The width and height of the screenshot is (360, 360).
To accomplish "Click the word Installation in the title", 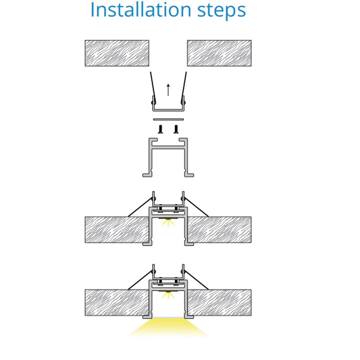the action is point(141,9).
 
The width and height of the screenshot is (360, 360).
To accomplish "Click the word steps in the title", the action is point(221,11).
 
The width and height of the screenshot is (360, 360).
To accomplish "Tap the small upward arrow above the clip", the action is point(168,90).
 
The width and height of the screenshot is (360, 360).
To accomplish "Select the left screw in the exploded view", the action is point(161,129).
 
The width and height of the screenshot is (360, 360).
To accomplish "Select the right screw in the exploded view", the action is point(176,129).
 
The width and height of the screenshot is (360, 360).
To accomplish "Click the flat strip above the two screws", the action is point(168,119).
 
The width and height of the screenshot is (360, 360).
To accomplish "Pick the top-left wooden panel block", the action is point(117,53).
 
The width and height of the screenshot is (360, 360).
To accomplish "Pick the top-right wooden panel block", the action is point(219,53).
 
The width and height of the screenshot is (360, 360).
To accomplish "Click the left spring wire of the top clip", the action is point(153,87).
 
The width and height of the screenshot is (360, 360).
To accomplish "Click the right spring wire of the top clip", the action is point(184,87).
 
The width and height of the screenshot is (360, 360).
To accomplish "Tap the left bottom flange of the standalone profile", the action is point(148,175).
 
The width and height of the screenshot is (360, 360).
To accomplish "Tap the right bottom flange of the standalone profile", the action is point(189,175).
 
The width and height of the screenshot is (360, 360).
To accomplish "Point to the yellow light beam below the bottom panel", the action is point(168,327).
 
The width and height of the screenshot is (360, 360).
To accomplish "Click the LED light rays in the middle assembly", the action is point(168,223).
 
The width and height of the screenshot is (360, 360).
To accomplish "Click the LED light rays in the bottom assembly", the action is point(168,296).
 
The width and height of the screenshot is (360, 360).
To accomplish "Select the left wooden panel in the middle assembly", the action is point(117,229).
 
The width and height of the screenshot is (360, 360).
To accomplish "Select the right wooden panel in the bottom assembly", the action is point(219,302).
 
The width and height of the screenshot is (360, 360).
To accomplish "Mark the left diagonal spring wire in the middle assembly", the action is point(140,207).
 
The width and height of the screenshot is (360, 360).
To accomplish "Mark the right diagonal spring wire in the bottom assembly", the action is point(196,280).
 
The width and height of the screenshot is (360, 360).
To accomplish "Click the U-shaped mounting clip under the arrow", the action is point(168,110).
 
